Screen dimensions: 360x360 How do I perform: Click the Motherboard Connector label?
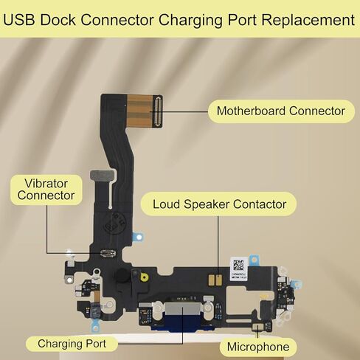point(280,111)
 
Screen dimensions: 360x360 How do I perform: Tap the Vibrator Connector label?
point(46,190)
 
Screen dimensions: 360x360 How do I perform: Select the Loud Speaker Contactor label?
point(219,204)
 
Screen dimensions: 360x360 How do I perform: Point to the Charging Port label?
point(72,344)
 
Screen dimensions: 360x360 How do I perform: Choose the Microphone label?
point(258,347)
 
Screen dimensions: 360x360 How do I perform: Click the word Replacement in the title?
point(308,20)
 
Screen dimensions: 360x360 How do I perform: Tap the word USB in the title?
point(18,20)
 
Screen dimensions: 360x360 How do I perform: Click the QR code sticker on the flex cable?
point(238,269)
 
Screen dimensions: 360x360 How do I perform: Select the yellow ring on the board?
point(145,277)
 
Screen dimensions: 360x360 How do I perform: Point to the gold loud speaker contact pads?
point(215,280)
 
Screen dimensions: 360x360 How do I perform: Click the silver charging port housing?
point(183,309)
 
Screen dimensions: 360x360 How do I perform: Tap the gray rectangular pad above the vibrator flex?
point(103,174)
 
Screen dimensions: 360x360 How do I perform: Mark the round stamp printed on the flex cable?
point(115,224)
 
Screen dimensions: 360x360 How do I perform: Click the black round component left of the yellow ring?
point(122,274)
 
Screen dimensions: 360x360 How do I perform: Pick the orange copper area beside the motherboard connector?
point(139,111)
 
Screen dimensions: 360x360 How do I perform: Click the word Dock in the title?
point(58,20)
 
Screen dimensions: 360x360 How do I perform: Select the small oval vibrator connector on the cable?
point(108,253)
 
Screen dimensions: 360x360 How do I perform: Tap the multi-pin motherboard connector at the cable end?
point(158,111)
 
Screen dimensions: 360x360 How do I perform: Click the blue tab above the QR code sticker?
point(255,260)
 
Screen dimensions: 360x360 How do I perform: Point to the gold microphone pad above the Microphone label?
point(257,328)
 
